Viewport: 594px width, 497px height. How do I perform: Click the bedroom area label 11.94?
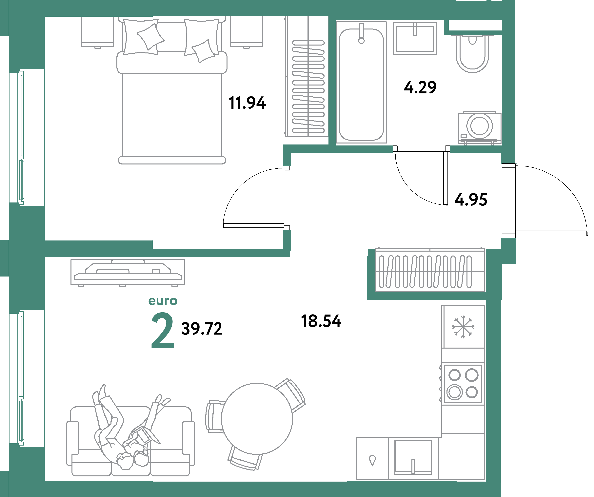(247, 103)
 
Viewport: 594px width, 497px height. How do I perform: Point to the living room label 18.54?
(321, 321)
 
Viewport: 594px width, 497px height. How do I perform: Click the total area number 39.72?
(202, 329)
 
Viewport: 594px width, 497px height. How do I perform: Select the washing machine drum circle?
(479, 126)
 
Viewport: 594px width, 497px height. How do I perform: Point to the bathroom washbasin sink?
(415, 39)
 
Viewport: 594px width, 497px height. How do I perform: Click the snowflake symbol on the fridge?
(463, 327)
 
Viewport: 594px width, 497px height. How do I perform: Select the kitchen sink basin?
(413, 457)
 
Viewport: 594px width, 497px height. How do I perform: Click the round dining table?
(257, 419)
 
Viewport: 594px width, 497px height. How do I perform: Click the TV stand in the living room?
(128, 272)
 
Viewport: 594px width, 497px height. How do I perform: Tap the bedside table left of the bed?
(98, 31)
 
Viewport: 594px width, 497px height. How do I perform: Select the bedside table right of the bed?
(246, 31)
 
